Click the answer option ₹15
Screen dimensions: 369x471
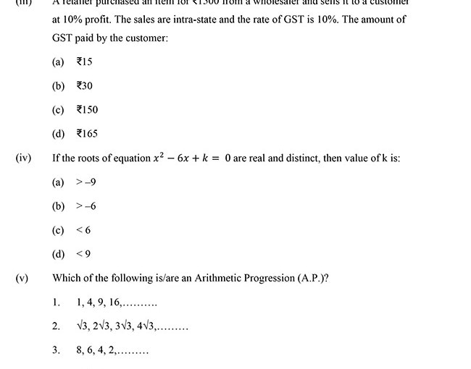coord(84,62)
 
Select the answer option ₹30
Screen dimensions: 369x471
coord(85,86)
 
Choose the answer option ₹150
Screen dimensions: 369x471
coord(87,110)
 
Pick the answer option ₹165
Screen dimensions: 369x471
coord(87,134)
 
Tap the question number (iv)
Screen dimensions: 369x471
coord(23,158)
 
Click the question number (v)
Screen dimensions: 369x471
coord(22,277)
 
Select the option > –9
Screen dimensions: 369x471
coord(86,182)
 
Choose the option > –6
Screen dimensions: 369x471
coord(86,206)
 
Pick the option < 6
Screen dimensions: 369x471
coord(83,230)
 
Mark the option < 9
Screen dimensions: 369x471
coord(83,254)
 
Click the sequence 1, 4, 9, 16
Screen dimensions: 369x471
coord(116,302)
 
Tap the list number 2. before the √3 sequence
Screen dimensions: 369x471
coord(56,326)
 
